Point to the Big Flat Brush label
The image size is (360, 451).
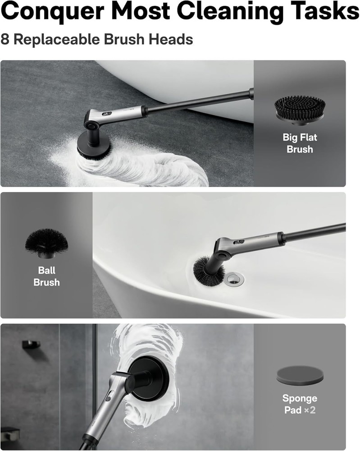coord(300,143)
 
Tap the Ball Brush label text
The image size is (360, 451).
coord(46,276)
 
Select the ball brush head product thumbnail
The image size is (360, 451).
coord(46,244)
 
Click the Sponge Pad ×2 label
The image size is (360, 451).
coord(300,404)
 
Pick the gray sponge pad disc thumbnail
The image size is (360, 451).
coord(300,376)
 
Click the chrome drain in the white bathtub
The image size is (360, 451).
coord(234,278)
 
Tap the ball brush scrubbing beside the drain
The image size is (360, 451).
coord(208,271)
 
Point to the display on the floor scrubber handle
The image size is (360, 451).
coord(107,115)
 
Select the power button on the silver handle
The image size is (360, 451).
coord(109,396)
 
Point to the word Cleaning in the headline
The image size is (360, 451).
coord(221,12)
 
